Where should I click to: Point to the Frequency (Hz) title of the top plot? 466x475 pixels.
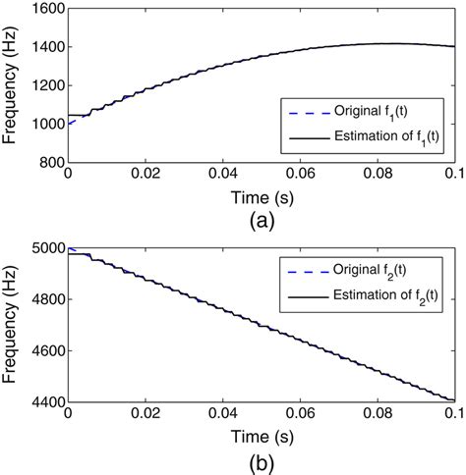(13, 86)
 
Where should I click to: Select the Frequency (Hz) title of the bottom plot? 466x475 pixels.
(13, 324)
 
